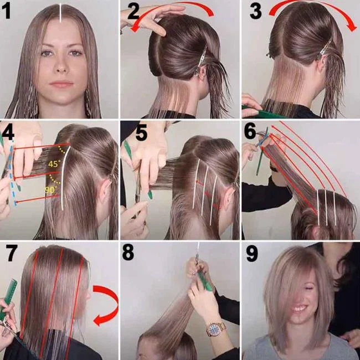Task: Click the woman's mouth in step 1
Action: (x=61, y=84)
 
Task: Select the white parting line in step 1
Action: (x=60, y=13)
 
